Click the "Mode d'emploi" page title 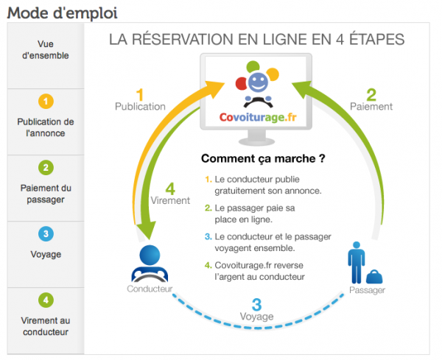point(63,13)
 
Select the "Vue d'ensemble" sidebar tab point(46,50)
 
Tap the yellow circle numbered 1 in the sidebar point(46,101)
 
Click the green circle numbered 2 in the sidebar point(46,168)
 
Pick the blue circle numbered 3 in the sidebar point(46,234)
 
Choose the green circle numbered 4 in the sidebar point(46,300)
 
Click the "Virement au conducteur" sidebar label point(46,326)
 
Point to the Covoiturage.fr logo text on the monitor point(258,117)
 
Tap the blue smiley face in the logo point(258,82)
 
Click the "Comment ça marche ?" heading point(263,158)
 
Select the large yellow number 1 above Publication point(140,95)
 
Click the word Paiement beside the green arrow point(371,107)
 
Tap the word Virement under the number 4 point(170,200)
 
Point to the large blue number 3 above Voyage point(256,305)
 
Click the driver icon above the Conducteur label point(150,264)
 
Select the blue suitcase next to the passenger point(374,277)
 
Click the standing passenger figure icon point(357,262)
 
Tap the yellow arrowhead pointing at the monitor point(215,88)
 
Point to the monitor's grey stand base point(256,141)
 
